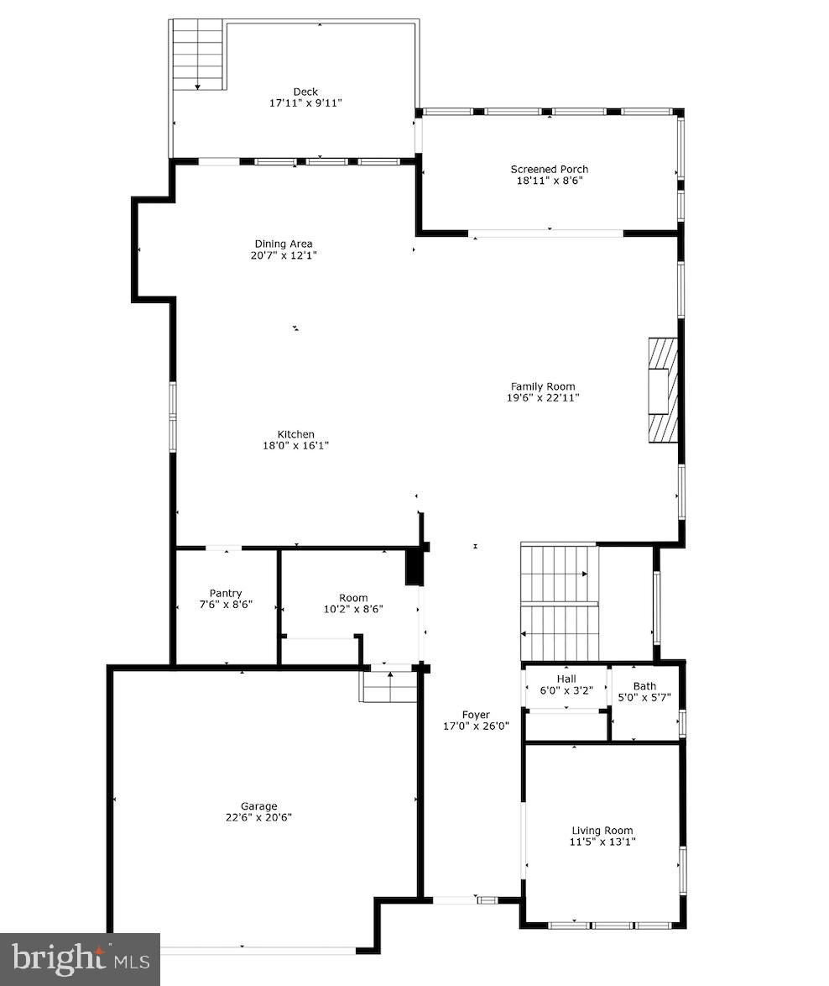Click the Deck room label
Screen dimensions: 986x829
coord(305,92)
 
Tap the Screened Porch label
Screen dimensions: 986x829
coord(549,169)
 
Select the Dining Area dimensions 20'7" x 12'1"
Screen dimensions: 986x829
coord(284,255)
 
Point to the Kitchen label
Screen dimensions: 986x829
coord(295,434)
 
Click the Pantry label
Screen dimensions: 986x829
coord(226,593)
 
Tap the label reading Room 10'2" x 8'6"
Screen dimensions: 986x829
coord(353,604)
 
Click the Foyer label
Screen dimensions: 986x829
coord(476,715)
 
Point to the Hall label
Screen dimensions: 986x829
coord(566,679)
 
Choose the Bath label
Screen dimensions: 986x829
coord(644,685)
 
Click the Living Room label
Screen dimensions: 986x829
coord(602,830)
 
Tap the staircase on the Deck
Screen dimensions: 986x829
coord(198,55)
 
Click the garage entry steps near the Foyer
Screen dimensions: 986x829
coord(389,685)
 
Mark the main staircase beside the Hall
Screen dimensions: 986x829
coord(560,602)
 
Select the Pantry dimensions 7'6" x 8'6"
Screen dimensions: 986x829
coord(226,605)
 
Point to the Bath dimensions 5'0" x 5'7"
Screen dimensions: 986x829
coord(644,697)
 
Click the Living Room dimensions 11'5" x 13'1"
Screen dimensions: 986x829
coord(602,842)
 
